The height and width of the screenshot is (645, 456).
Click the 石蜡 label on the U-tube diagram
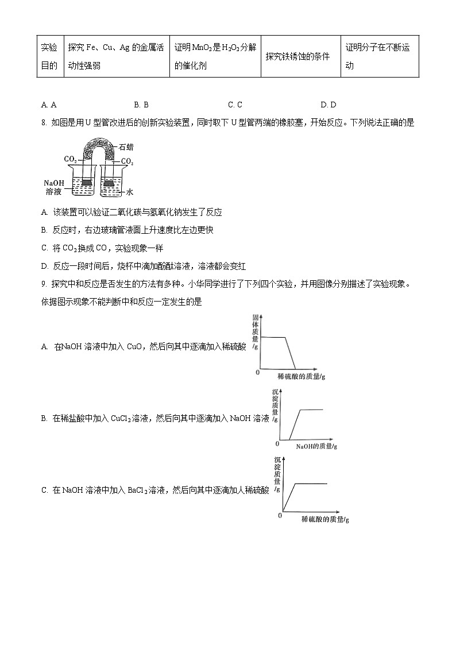click(127, 147)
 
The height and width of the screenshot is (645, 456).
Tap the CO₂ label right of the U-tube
click(127, 162)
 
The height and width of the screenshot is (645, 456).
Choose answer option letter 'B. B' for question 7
click(141, 105)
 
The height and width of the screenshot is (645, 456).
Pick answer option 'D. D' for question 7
click(328, 105)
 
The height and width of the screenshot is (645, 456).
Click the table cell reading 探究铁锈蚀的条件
click(297, 57)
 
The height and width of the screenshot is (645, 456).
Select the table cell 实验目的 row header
click(49, 56)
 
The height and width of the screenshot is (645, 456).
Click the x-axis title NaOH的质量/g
click(316, 446)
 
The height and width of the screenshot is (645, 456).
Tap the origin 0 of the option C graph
click(280, 515)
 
